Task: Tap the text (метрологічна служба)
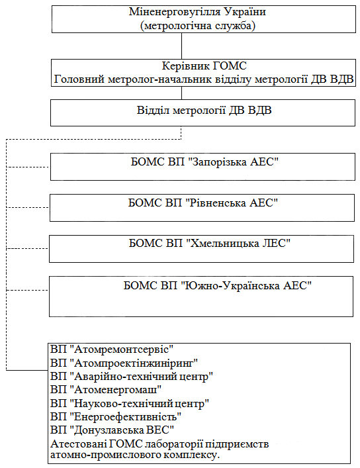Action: pyautogui.click(x=198, y=26)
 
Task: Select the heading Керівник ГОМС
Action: pyautogui.click(x=204, y=66)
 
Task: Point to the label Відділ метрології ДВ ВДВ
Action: pyautogui.click(x=204, y=111)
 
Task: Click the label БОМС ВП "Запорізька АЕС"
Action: pyautogui.click(x=204, y=162)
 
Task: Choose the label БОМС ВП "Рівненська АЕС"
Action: pyautogui.click(x=203, y=203)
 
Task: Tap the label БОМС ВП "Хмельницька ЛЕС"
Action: pyautogui.click(x=210, y=243)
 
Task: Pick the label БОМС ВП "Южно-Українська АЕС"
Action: pyautogui.click(x=218, y=286)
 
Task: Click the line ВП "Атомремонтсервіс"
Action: pyautogui.click(x=112, y=350)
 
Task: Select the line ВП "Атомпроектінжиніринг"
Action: pyautogui.click(x=124, y=363)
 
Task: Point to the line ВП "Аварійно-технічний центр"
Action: pyautogui.click(x=132, y=377)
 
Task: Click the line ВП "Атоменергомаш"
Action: pyautogui.click(x=106, y=389)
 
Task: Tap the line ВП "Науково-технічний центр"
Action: pyautogui.click(x=130, y=404)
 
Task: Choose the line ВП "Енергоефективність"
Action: pyautogui.click(x=116, y=416)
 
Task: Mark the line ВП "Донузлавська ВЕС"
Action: pyautogui.click(x=112, y=430)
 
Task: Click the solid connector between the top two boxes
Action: pyautogui.click(x=181, y=46)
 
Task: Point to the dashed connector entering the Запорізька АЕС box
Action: pyautogui.click(x=28, y=167)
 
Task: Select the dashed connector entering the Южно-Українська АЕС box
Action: pyautogui.click(x=27, y=290)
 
